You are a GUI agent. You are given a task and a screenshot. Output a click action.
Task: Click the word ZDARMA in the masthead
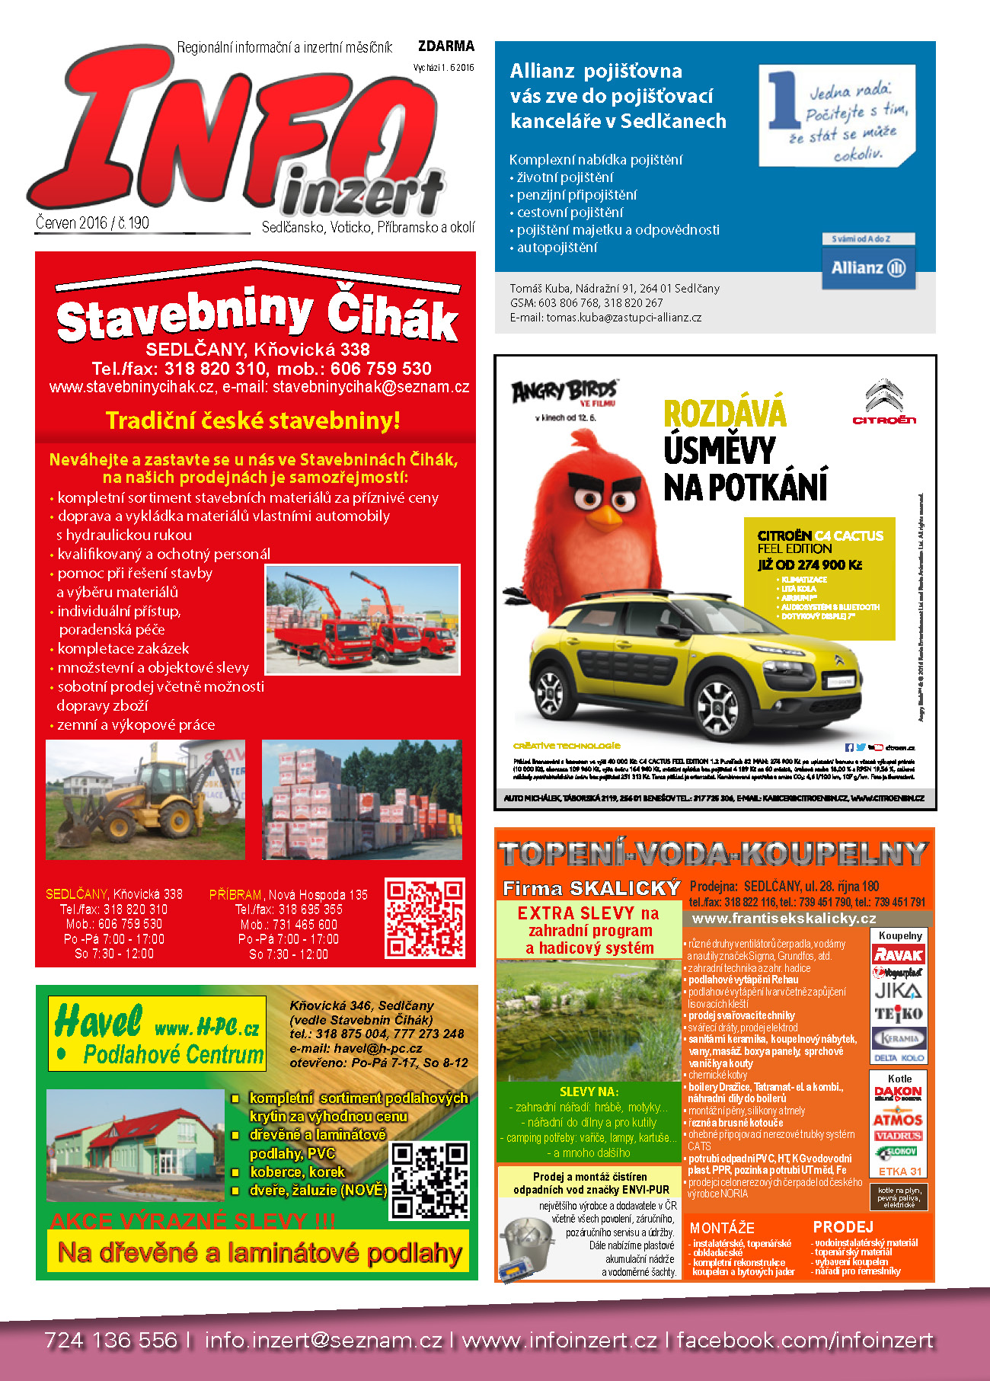(446, 46)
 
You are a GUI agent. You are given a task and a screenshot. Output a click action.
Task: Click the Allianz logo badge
(868, 267)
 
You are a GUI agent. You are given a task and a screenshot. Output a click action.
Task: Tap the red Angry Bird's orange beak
(607, 516)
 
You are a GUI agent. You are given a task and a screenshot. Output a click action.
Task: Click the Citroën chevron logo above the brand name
(883, 395)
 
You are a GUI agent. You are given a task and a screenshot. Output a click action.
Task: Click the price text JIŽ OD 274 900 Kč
(810, 564)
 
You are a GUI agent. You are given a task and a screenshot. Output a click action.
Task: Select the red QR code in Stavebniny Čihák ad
(424, 918)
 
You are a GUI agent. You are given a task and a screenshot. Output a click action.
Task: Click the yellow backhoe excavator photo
(145, 799)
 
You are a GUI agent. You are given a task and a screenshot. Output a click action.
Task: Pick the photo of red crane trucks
(362, 619)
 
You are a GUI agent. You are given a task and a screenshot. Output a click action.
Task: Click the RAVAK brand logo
(899, 954)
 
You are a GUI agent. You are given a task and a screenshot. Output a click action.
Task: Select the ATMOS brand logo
(899, 1120)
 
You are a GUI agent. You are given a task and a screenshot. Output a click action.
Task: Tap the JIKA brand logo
(899, 991)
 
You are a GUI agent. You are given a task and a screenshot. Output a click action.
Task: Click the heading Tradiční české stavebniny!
(253, 420)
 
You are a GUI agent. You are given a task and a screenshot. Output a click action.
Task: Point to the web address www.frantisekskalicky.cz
(784, 919)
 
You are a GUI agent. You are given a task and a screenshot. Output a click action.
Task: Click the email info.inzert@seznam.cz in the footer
(323, 1340)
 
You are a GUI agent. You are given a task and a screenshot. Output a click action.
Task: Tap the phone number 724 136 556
(110, 1340)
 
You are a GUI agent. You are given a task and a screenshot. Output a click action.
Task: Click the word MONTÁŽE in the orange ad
(721, 1228)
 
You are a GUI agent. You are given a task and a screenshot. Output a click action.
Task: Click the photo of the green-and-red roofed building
(135, 1144)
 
